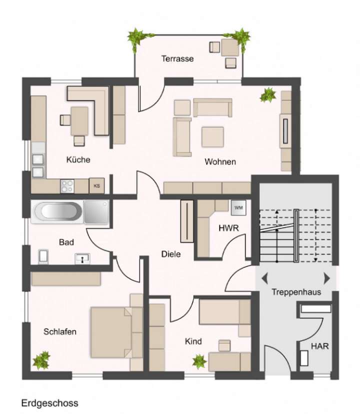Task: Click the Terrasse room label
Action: pyautogui.click(x=177, y=58)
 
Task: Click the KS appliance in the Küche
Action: pyautogui.click(x=96, y=185)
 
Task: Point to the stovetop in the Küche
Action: pyautogui.click(x=67, y=186)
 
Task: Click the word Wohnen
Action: pyautogui.click(x=219, y=162)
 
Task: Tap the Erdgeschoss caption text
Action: pyautogui.click(x=49, y=402)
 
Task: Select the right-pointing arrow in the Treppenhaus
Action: pyautogui.click(x=327, y=278)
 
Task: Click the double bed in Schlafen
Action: pyautogui.click(x=112, y=331)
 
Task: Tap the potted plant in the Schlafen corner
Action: pyautogui.click(x=41, y=359)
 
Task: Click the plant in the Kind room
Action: pyautogui.click(x=199, y=360)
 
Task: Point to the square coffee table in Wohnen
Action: pyautogui.click(x=212, y=136)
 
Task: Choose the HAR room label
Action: pyautogui.click(x=319, y=346)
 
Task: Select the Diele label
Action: pyautogui.click(x=170, y=254)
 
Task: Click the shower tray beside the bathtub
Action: pyautogui.click(x=96, y=211)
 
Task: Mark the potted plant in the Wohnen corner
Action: pyautogui.click(x=268, y=95)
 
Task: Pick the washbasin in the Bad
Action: pyautogui.click(x=82, y=258)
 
